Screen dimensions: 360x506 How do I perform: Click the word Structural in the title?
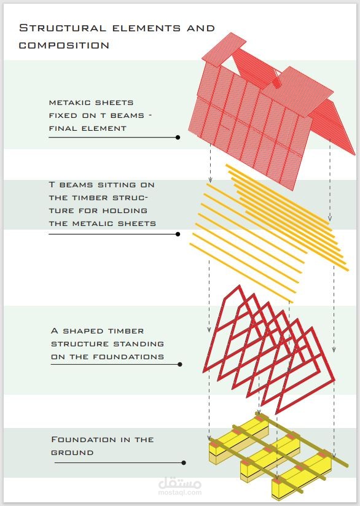tap(63, 28)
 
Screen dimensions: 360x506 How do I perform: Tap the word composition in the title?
tap(64, 45)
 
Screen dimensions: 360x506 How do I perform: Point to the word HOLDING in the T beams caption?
tap(125, 211)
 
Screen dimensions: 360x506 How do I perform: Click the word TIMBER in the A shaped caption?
tap(126, 331)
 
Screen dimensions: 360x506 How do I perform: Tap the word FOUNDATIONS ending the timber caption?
tap(128, 357)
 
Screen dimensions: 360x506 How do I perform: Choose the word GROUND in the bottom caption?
tap(72, 453)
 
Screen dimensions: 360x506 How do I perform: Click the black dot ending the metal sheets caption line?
tap(178, 138)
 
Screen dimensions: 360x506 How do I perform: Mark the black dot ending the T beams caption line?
tap(178, 234)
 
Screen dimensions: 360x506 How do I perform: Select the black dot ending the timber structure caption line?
tap(180, 364)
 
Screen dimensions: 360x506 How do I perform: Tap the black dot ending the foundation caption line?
tap(184, 463)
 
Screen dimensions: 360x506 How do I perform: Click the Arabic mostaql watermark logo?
tap(180, 483)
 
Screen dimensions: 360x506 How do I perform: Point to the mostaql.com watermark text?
tap(180, 492)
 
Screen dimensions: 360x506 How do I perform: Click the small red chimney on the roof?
tap(276, 82)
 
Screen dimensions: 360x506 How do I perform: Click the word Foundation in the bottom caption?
tap(81, 440)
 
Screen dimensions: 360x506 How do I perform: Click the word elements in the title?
tap(146, 28)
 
